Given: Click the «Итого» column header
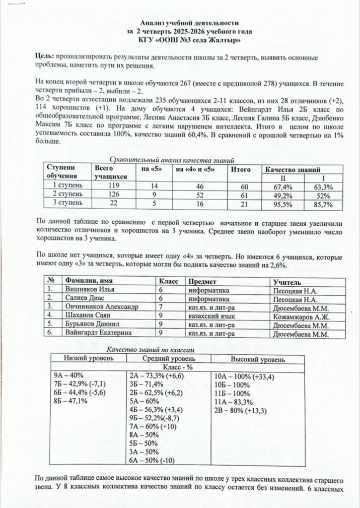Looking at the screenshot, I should (x=241, y=170).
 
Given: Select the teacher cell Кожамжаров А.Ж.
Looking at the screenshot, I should (x=301, y=316).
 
